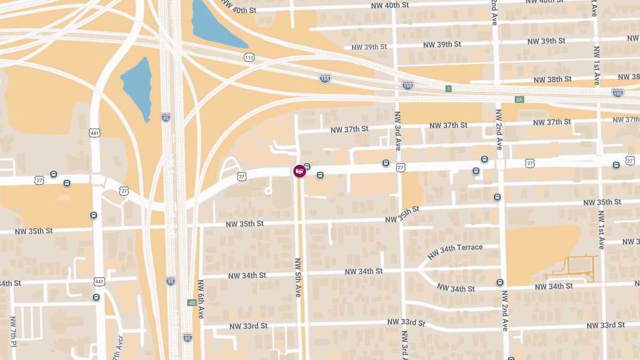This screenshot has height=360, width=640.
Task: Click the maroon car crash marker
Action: click(x=300, y=171)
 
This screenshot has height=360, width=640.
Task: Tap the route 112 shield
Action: click(x=249, y=57)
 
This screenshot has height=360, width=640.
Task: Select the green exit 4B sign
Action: click(x=192, y=303)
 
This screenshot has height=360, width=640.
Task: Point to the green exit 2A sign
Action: click(x=519, y=100)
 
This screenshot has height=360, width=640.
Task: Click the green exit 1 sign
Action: click(x=449, y=89)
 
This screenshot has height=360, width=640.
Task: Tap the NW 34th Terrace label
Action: click(x=455, y=248)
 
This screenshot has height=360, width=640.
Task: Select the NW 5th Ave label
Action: click(x=298, y=277)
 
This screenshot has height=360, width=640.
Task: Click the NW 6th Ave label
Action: click(x=201, y=299)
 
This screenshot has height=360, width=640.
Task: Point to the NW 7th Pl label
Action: click(x=13, y=331)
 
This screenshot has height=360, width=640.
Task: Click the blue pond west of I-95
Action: click(x=137, y=85)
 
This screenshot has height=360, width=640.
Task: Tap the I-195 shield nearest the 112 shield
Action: click(x=325, y=78)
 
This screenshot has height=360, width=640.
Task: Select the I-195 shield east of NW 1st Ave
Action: click(x=618, y=92)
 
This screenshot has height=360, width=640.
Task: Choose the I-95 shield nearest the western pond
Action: click(x=166, y=117)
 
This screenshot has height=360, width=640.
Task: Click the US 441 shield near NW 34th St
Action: click(x=99, y=281)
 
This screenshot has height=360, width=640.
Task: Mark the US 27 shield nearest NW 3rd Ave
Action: click(x=401, y=167)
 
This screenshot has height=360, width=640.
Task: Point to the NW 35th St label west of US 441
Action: click(x=34, y=231)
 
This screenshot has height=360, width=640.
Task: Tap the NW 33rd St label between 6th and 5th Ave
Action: click(x=248, y=326)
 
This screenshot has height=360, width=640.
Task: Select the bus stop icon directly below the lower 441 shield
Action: click(x=96, y=297)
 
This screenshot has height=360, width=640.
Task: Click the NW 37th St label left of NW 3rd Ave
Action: click(x=349, y=130)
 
